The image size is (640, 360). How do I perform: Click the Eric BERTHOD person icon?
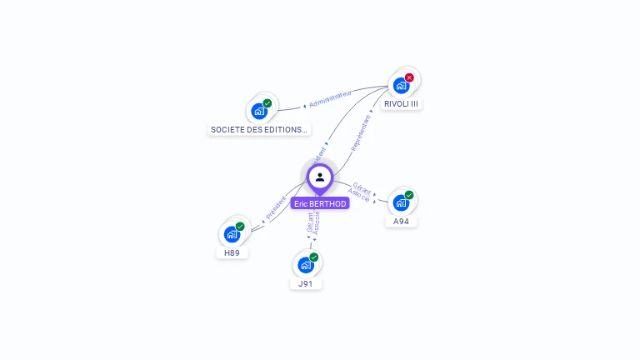click(x=319, y=177)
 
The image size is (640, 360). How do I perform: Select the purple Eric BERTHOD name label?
click(x=319, y=203)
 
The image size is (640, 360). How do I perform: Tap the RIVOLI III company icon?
click(x=401, y=85)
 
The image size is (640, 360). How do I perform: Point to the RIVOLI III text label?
click(x=401, y=104)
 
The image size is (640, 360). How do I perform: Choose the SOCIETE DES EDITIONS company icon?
click(x=258, y=111)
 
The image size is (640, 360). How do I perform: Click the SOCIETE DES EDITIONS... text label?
click(x=258, y=129)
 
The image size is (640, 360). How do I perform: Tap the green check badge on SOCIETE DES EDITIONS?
click(x=267, y=103)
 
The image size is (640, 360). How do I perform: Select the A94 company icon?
click(x=401, y=202)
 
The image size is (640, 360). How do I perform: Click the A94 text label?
click(x=401, y=221)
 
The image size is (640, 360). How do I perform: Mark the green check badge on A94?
click(x=409, y=195)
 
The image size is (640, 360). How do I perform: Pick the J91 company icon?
click(x=306, y=265)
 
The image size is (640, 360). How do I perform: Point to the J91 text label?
click(x=306, y=283)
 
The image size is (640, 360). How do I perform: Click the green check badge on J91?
click(x=314, y=257)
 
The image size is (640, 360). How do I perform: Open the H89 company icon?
click(x=232, y=234)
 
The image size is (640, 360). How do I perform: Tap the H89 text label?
click(x=232, y=252)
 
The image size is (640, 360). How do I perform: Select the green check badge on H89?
click(x=240, y=227)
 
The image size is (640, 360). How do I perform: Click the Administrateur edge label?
click(x=330, y=98)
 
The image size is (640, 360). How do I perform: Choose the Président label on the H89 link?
click(x=276, y=208)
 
